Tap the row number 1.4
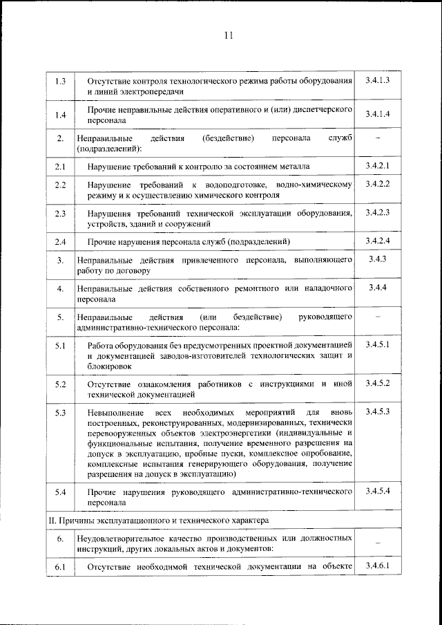[x=60, y=115]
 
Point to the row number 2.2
[x=60, y=185]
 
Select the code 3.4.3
[x=377, y=259]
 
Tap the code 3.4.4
[x=377, y=287]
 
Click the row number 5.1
[x=60, y=345]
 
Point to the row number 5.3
[x=60, y=413]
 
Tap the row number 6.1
[x=60, y=568]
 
